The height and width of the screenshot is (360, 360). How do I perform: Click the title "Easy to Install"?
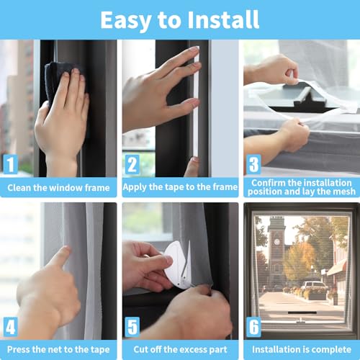click(x=179, y=19)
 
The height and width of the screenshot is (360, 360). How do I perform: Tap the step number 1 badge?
click(x=10, y=164)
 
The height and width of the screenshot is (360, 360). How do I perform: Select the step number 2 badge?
click(x=132, y=164)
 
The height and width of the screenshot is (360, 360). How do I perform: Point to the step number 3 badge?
click(x=253, y=164)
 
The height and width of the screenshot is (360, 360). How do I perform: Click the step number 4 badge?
click(x=10, y=326)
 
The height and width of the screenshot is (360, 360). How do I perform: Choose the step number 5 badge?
click(x=132, y=326)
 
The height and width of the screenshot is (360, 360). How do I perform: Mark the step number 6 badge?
click(x=253, y=326)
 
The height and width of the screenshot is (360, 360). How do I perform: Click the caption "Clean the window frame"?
click(x=58, y=188)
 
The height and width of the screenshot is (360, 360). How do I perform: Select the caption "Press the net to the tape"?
click(x=58, y=350)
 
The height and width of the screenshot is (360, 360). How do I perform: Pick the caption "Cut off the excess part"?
click(x=180, y=350)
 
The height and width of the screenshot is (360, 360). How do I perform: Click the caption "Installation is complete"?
click(x=301, y=350)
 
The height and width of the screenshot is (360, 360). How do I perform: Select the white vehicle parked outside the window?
click(x=314, y=285)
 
